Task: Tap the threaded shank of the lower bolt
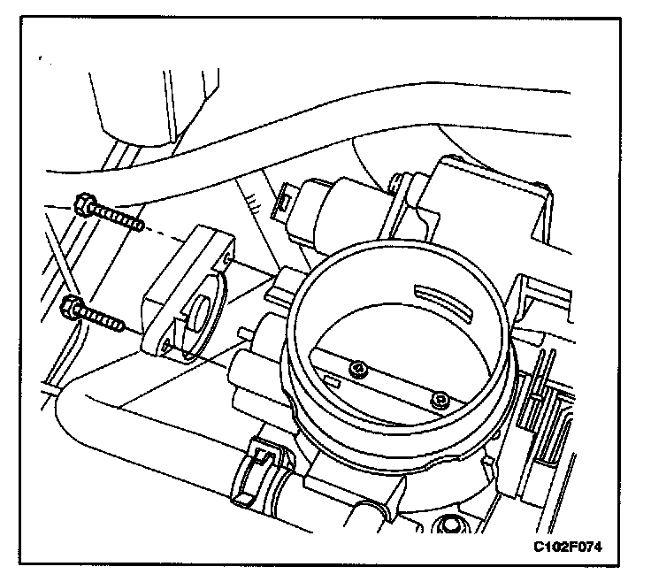[x=107, y=319]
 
